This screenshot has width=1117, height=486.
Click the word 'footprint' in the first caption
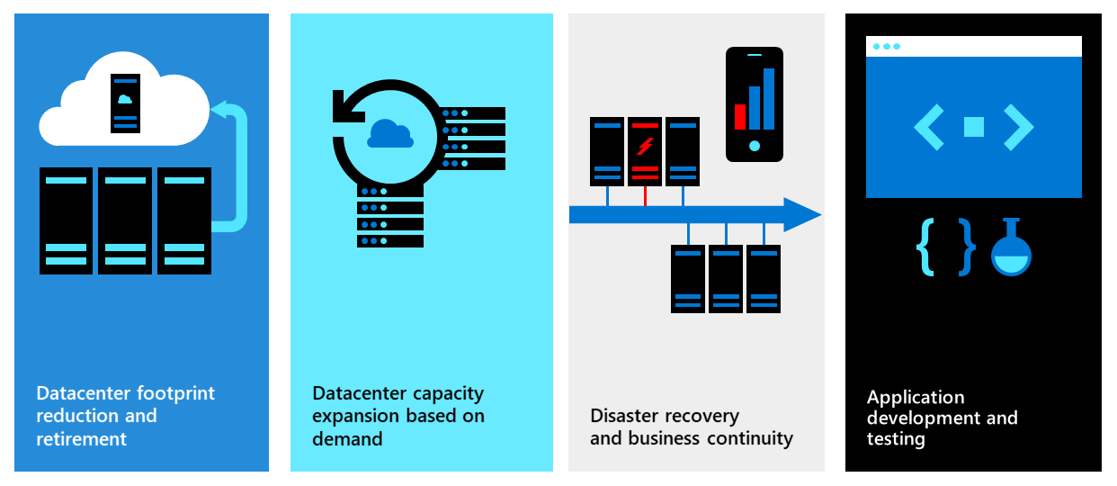176,394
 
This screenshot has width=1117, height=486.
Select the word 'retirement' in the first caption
82,439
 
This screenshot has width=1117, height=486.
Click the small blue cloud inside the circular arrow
390,134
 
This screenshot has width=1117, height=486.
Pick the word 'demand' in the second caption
347,439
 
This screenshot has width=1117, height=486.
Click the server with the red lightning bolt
644,149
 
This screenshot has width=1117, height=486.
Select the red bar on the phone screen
740,116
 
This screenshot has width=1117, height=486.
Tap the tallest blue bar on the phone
769,98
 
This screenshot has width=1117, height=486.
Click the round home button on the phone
755,145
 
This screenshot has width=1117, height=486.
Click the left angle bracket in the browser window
930,127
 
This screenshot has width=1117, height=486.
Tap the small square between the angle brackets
974,127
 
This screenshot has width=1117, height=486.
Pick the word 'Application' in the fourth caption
916,397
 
